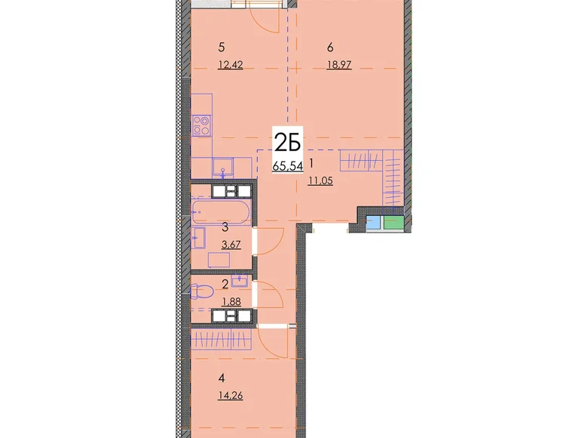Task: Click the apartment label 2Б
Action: [288, 143]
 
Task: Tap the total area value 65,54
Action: [288, 165]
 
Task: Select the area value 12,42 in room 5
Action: [230, 65]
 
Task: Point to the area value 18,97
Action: [339, 65]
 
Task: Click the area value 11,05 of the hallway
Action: [320, 181]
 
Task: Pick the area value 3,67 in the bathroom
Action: [231, 245]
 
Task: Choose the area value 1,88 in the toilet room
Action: [231, 301]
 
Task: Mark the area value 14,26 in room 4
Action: [230, 395]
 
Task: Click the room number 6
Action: [330, 48]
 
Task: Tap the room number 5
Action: [221, 48]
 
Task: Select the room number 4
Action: [221, 378]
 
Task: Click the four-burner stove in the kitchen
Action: [201, 125]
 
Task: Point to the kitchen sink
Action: [223, 168]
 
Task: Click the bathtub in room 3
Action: [220, 212]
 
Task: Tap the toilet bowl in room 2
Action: [202, 291]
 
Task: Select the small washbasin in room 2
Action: [240, 280]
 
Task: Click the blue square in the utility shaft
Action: [373, 222]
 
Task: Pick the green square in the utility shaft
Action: [394, 222]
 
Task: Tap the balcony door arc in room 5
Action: [268, 20]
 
